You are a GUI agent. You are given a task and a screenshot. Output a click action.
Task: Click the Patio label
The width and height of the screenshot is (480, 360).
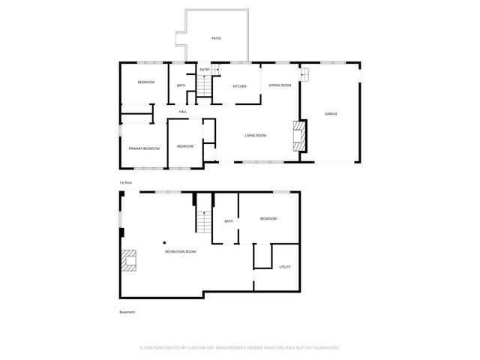pos(216,37)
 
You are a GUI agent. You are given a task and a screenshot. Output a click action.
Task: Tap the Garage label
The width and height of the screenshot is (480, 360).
pos(330,114)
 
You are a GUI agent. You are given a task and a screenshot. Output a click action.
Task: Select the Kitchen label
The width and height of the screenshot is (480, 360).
pos(239,86)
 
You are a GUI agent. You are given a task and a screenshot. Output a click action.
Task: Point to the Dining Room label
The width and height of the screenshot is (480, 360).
pos(280,85)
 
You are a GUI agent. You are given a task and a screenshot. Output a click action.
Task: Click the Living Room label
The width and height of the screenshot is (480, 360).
pos(256,136)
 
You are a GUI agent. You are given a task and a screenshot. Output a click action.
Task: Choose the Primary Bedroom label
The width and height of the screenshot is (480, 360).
pos(144,148)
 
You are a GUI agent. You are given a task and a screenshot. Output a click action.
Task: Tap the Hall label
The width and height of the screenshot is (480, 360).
pos(182,112)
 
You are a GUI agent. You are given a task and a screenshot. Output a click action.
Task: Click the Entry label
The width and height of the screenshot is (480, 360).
pos(204,70)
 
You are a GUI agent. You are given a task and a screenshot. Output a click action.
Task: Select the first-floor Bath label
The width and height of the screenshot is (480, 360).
pos(181,85)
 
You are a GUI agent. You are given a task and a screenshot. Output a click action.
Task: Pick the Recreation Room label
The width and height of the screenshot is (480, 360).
pos(180,251)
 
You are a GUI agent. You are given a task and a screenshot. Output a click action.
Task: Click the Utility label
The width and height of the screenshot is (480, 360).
pos(285,267)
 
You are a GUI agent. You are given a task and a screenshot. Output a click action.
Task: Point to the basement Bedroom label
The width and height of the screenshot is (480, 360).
pos(268,218)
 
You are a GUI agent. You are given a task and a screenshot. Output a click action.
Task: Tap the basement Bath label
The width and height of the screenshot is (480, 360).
pos(228,221)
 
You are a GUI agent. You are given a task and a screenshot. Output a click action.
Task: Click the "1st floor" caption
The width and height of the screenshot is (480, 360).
pos(126,183)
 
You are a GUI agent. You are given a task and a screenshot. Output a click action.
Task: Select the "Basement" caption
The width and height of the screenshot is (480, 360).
pos(127,312)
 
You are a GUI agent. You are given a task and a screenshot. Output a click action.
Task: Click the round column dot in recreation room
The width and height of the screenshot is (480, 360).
pos(164,242)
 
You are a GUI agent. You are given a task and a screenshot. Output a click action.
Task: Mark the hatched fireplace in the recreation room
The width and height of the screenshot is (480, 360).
pos(129,259)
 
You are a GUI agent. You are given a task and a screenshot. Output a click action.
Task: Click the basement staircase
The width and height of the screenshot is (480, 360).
pos(204,222)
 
